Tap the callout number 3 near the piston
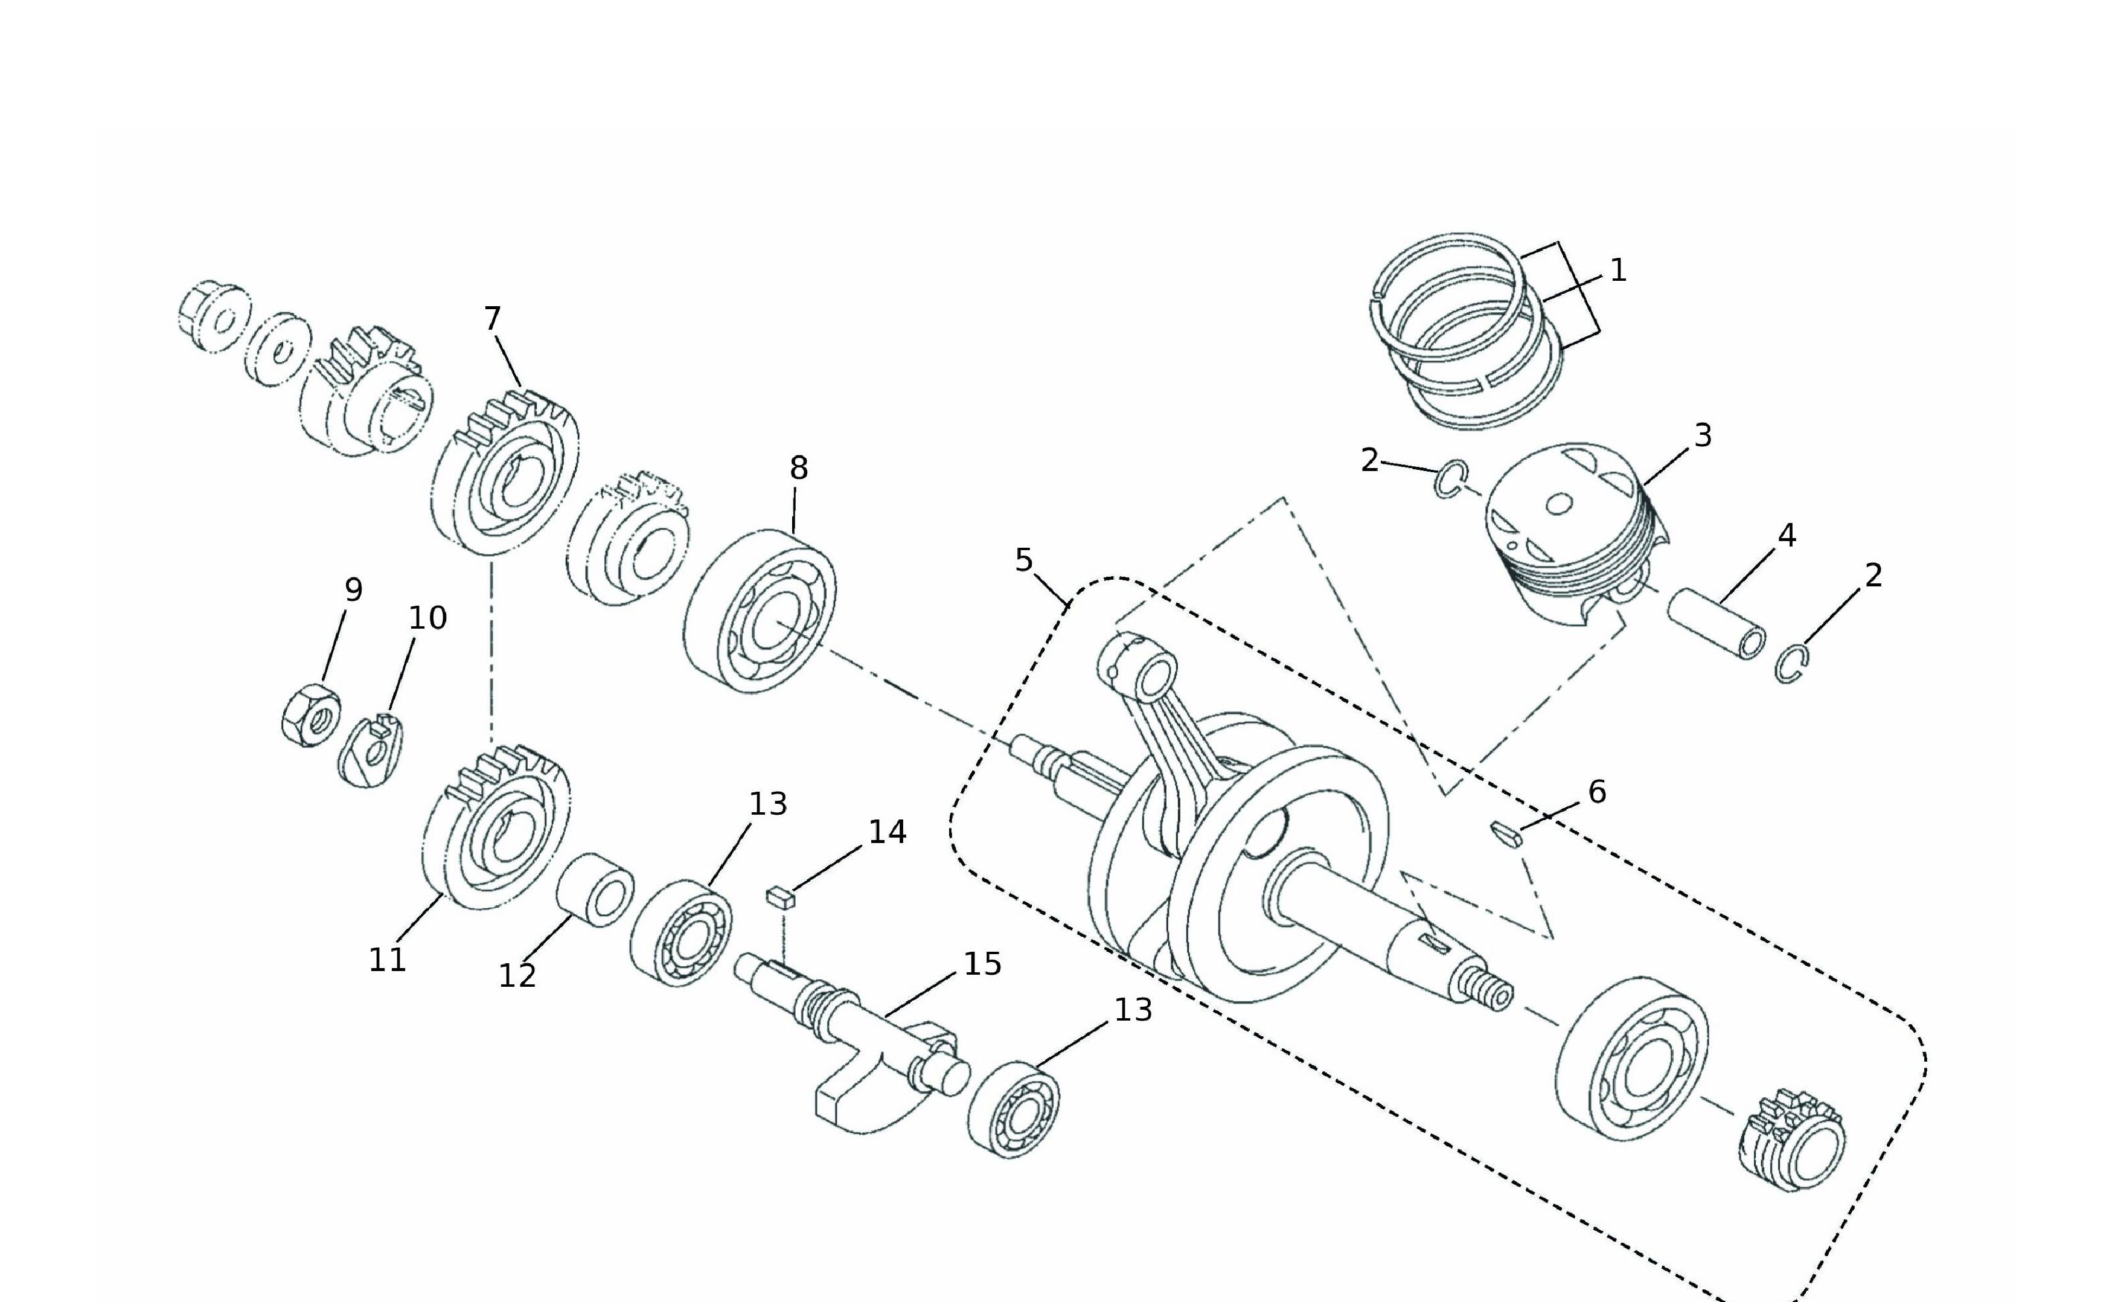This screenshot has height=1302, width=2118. click(x=1702, y=437)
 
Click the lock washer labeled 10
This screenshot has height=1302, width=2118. click(x=370, y=751)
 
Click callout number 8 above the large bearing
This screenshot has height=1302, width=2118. click(x=798, y=469)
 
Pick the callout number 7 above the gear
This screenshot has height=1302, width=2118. click(x=491, y=319)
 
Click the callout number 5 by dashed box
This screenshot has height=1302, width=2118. click(x=1023, y=560)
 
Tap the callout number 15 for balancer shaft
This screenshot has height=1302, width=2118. click(x=982, y=964)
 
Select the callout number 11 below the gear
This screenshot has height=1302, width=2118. click(x=386, y=959)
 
